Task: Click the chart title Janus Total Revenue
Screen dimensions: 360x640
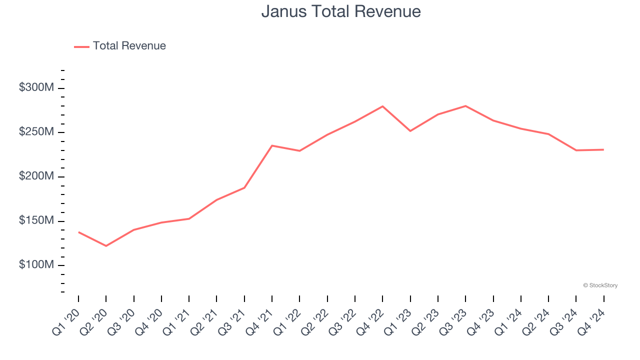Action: pos(340,11)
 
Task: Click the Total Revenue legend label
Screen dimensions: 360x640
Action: pos(129,46)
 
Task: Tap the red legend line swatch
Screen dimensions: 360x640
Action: pos(81,46)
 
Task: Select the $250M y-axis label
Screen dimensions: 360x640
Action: pos(36,132)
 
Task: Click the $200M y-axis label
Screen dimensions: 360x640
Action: pos(36,176)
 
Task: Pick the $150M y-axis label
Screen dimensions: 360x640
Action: pos(36,221)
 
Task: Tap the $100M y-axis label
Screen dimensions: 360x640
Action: pos(36,265)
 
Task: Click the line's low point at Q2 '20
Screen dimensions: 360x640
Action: pos(106,246)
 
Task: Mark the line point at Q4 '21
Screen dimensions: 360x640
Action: pos(272,145)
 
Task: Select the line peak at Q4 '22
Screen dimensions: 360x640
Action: pos(382,106)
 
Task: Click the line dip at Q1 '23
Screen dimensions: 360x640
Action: pos(410,131)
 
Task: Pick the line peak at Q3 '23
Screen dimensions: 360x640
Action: pos(465,106)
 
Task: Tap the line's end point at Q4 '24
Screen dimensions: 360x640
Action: pos(603,149)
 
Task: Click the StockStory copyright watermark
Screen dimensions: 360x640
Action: pos(600,285)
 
